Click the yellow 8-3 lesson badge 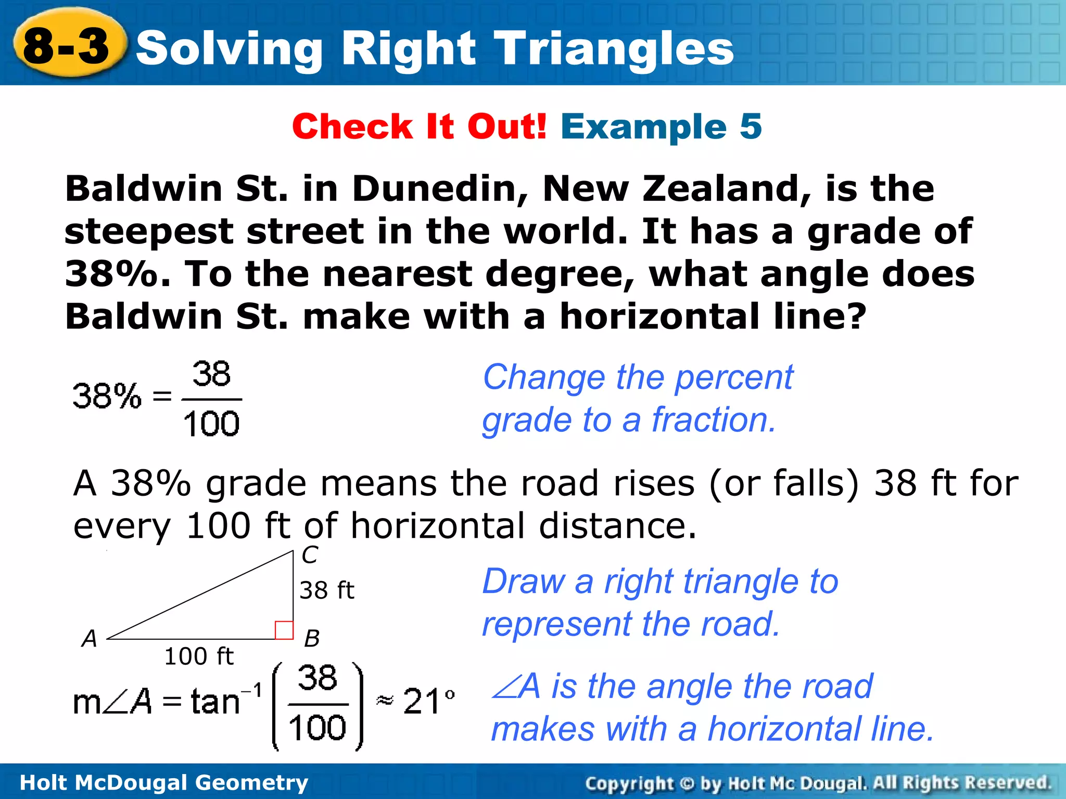[x=68, y=46]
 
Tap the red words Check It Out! [x=419, y=126]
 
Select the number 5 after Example [x=750, y=126]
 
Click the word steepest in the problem [x=148, y=232]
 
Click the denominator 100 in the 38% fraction [x=211, y=423]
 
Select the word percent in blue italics [x=734, y=377]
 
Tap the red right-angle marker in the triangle [x=284, y=630]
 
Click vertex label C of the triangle [x=310, y=555]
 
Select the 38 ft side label [x=327, y=590]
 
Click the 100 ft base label [x=199, y=656]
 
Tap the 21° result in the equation [x=428, y=701]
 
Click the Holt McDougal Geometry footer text [x=163, y=783]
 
